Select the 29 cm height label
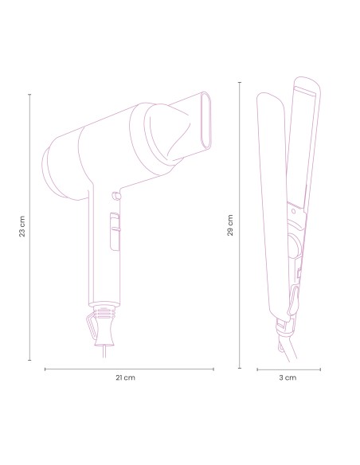point(230,225)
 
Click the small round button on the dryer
point(116,194)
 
